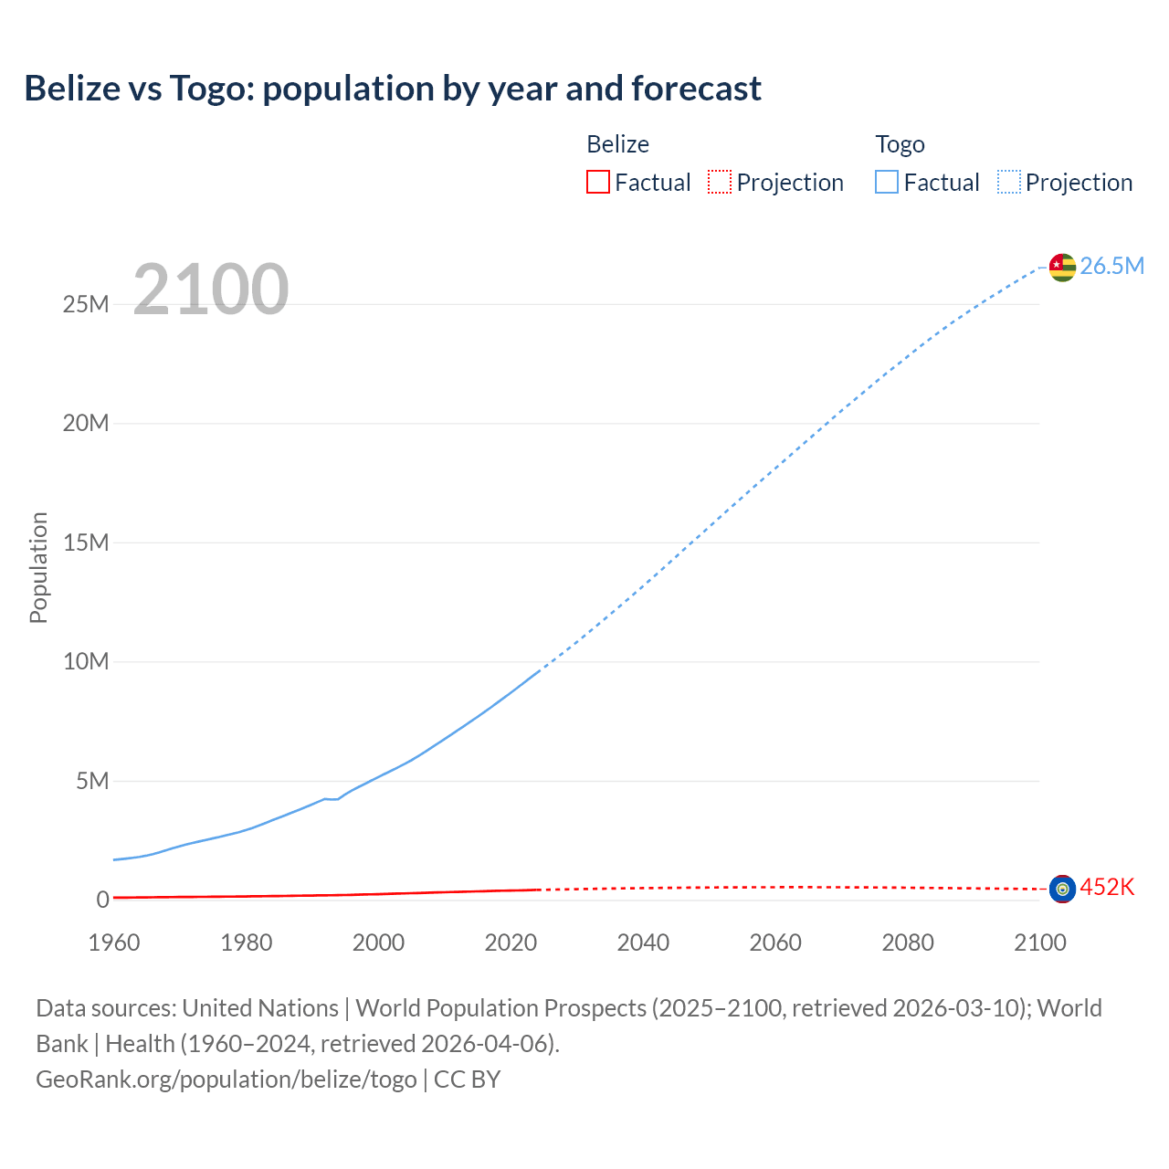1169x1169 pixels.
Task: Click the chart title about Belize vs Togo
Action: pyautogui.click(x=393, y=89)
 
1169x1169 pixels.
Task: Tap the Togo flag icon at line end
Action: pyautogui.click(x=1062, y=267)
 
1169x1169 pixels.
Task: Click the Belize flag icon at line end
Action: pyautogui.click(x=1062, y=888)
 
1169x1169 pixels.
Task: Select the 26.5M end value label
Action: pyautogui.click(x=1111, y=266)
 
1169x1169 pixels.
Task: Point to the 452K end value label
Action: pyautogui.click(x=1107, y=887)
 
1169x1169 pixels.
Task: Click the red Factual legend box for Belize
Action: pyautogui.click(x=598, y=182)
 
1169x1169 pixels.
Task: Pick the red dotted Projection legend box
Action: pyautogui.click(x=720, y=182)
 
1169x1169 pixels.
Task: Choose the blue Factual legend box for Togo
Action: pyautogui.click(x=887, y=182)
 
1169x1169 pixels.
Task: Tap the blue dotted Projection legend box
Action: pyautogui.click(x=1008, y=182)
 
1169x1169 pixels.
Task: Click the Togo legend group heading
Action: pyautogui.click(x=900, y=144)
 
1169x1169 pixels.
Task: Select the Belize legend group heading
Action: pyautogui.click(x=617, y=144)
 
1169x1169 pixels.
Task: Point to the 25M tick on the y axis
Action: pyautogui.click(x=86, y=304)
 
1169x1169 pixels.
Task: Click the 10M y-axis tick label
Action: pyautogui.click(x=86, y=661)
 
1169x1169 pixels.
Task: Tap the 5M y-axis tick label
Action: pyautogui.click(x=92, y=781)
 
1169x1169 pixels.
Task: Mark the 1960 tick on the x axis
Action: pyautogui.click(x=114, y=943)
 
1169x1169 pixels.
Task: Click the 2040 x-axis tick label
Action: pyautogui.click(x=643, y=943)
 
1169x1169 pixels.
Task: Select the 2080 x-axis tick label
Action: pyautogui.click(x=908, y=943)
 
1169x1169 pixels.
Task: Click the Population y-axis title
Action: pyautogui.click(x=38, y=567)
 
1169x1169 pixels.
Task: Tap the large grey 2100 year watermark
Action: pyautogui.click(x=211, y=290)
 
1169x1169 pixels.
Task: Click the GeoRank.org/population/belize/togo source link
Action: pyautogui.click(x=226, y=1079)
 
